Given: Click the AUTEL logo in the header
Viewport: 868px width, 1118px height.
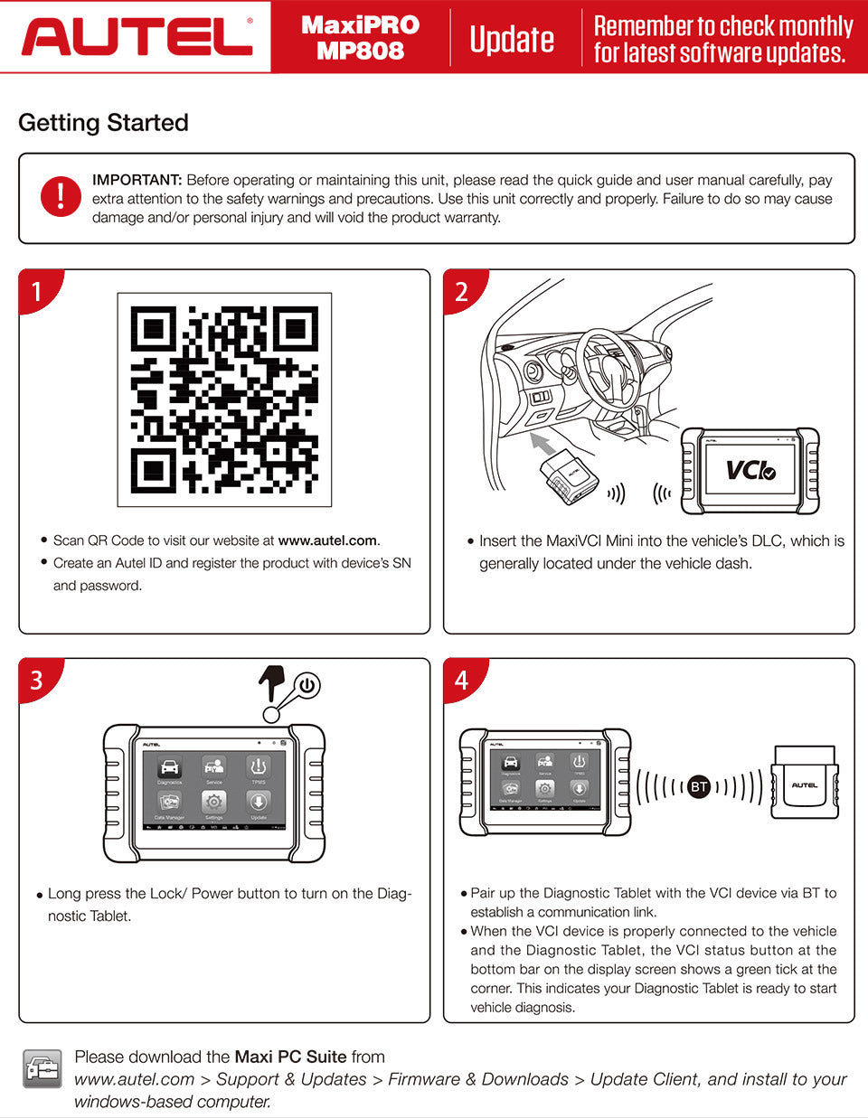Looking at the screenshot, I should pos(136,36).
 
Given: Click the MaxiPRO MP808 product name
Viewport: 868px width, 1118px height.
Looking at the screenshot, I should pos(360,38).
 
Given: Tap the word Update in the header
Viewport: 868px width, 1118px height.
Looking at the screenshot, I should pos(512,39).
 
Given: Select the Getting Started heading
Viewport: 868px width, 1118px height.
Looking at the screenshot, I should pos(103,123).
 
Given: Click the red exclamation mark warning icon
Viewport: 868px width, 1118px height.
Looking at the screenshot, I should pos(61,196).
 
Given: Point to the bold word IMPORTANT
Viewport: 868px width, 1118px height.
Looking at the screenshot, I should pos(137,180).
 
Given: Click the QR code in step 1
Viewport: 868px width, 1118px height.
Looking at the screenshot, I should pos(224,399).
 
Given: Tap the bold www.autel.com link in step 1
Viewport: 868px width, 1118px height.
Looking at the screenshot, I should pos(327,540).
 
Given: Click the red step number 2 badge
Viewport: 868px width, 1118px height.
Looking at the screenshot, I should pos(462,291).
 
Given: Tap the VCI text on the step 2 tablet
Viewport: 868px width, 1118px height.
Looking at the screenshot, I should pos(750,470).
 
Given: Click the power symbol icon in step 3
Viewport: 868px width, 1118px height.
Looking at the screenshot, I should pos(307,685).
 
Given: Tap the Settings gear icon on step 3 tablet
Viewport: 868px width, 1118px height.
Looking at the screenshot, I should pos(214,802).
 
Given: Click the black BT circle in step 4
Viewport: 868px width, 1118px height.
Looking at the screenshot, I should pos(698,787).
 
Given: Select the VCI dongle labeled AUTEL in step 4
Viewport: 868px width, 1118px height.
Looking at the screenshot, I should pos(804,784).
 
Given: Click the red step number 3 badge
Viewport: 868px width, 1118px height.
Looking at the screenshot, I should pos(37,679).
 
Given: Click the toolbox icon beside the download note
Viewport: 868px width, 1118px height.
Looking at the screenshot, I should pos(42,1069).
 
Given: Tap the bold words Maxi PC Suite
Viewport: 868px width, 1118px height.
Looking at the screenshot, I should pos(290,1057).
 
